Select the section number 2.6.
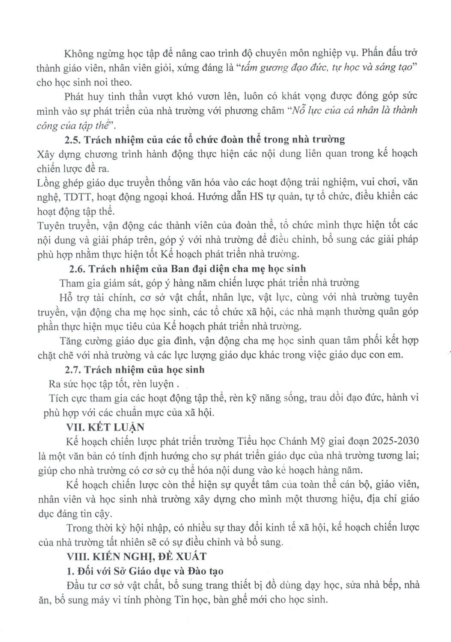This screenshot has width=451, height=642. [x=77, y=269]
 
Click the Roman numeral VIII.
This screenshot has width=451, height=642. [x=75, y=556]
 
